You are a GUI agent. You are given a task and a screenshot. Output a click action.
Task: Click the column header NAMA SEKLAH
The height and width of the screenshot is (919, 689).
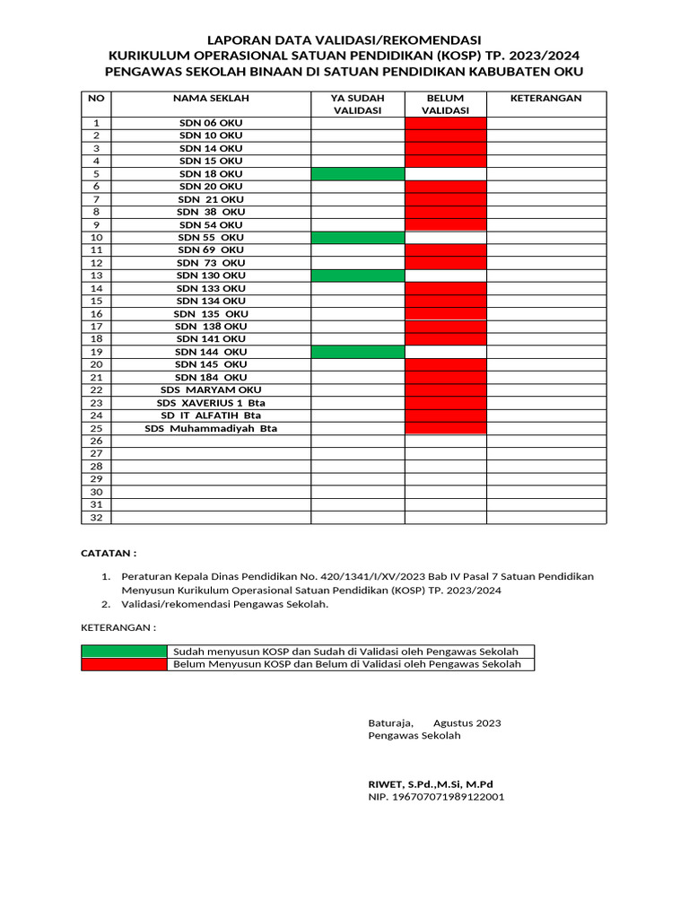tap(211, 98)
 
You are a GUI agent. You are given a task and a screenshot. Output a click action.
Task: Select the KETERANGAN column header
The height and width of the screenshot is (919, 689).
tap(545, 98)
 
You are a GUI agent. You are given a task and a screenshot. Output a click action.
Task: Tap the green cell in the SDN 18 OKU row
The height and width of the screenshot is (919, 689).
tap(357, 173)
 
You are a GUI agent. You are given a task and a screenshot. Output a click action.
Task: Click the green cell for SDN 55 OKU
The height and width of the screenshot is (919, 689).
tap(357, 237)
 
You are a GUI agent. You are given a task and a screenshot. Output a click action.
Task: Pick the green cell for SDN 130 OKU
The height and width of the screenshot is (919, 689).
tap(357, 276)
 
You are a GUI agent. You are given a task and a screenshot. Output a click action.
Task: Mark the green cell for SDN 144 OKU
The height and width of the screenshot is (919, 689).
tap(357, 353)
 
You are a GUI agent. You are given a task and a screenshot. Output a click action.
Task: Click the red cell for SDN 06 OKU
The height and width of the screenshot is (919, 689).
tap(446, 123)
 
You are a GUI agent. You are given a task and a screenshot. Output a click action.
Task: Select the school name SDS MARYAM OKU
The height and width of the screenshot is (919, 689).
tap(211, 390)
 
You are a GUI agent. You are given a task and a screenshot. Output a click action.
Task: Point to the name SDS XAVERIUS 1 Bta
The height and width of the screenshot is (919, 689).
tap(211, 403)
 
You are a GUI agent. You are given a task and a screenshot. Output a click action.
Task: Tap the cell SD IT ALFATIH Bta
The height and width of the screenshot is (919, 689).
tap(211, 416)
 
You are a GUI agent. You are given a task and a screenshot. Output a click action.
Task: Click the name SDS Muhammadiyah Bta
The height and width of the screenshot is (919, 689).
tap(211, 429)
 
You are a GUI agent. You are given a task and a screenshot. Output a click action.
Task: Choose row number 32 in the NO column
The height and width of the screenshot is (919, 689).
tap(96, 518)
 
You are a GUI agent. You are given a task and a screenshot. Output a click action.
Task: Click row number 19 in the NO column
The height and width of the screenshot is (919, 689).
tap(96, 353)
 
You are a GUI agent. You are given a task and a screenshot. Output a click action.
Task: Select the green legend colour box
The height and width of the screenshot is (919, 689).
tap(124, 651)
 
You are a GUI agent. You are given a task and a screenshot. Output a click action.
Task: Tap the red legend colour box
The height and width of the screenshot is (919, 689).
tap(124, 664)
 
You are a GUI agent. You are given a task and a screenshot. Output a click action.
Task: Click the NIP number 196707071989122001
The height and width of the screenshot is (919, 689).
tap(436, 796)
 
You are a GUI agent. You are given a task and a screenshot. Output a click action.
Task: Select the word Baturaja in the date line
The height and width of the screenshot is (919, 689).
tap(390, 722)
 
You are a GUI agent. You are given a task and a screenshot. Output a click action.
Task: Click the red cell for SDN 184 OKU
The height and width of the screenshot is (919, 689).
tap(446, 378)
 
